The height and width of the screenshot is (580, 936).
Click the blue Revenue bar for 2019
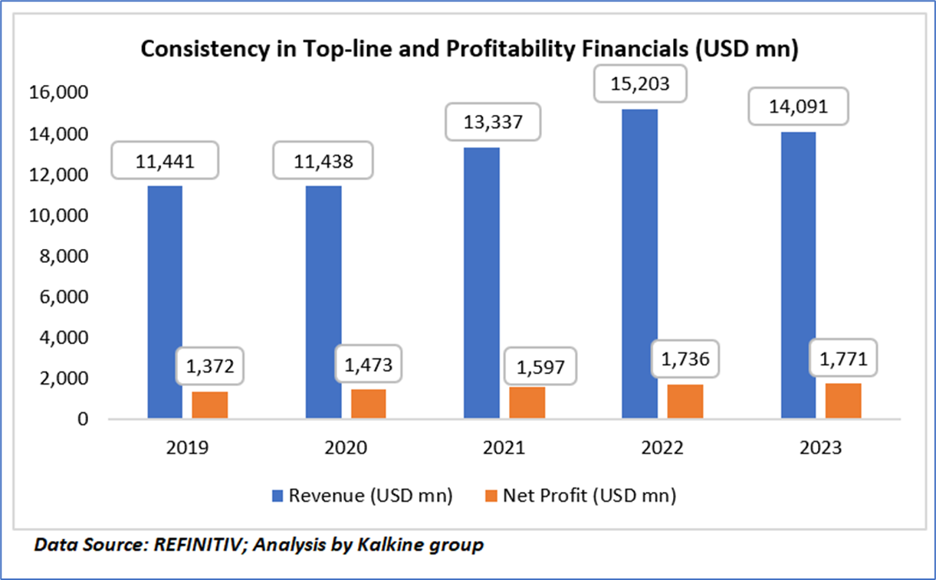pyautogui.click(x=164, y=302)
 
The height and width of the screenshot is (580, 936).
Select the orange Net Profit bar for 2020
pyautogui.click(x=369, y=404)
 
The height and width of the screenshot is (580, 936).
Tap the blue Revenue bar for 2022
pyautogui.click(x=639, y=264)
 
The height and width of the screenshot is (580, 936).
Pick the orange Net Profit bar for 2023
pyautogui.click(x=843, y=401)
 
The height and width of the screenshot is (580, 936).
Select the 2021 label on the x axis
pyautogui.click(x=504, y=449)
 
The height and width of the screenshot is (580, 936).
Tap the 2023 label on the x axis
pyautogui.click(x=820, y=449)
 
